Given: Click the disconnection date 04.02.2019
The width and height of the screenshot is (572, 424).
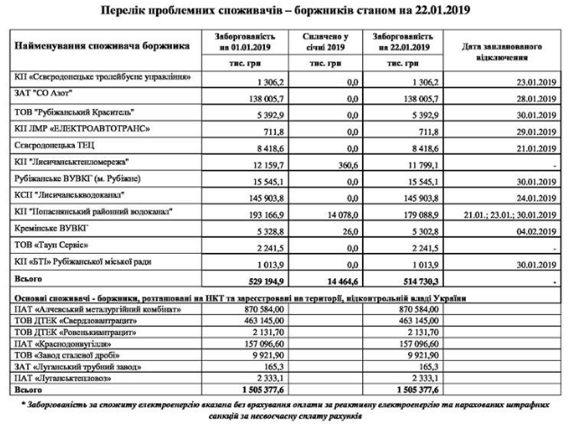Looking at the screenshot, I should [x=535, y=230].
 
